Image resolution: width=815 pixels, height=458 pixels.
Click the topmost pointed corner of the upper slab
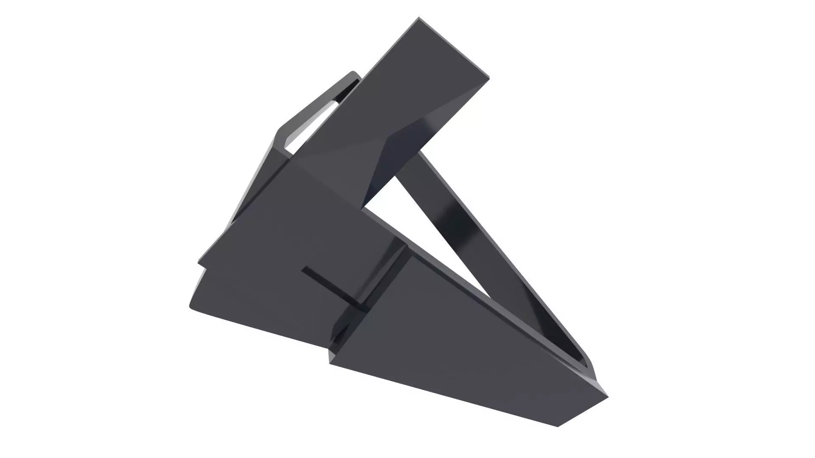click(419, 18)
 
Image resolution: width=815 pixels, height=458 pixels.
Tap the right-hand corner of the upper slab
click(488, 78)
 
